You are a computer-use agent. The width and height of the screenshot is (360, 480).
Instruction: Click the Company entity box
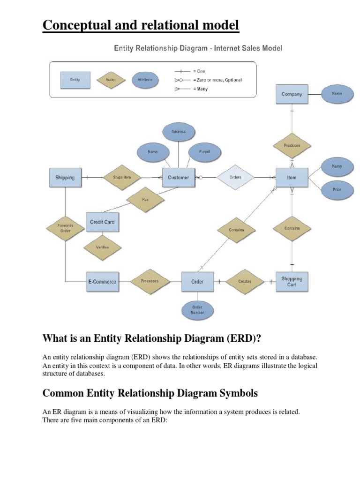(x=292, y=94)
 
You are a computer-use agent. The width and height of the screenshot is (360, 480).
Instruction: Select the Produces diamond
(x=292, y=145)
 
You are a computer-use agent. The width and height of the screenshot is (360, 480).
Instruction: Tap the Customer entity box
(x=179, y=178)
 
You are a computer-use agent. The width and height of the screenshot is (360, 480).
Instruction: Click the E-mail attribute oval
(x=204, y=152)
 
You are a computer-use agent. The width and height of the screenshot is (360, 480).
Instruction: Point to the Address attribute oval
(x=179, y=132)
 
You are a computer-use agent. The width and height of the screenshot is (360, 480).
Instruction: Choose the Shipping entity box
(x=65, y=178)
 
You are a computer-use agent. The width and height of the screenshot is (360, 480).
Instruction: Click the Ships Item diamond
(x=122, y=178)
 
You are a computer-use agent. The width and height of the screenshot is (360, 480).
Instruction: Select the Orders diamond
(x=235, y=178)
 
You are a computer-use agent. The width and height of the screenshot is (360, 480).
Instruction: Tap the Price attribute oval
(x=337, y=189)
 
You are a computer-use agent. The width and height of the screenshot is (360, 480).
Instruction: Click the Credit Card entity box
(x=102, y=222)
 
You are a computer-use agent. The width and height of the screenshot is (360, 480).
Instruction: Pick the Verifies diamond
(x=102, y=247)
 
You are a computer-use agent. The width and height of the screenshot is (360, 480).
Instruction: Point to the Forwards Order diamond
(x=65, y=228)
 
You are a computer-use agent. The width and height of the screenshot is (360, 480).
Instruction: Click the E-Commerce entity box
(x=102, y=282)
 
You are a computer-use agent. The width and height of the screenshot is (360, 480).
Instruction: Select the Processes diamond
(x=150, y=281)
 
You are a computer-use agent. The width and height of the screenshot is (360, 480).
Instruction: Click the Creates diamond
(x=245, y=282)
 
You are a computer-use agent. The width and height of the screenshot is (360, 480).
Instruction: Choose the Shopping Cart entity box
(x=292, y=281)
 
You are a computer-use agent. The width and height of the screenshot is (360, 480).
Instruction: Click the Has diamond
(x=145, y=199)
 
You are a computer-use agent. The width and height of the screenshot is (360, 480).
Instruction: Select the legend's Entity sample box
(x=75, y=80)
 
